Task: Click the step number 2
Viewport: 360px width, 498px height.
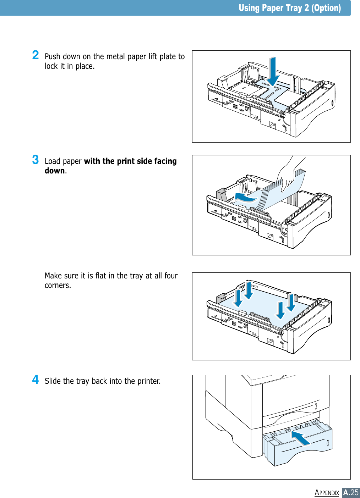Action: [36, 55]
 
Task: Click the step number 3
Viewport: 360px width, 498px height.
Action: [36, 160]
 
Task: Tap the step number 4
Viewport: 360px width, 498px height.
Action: [36, 380]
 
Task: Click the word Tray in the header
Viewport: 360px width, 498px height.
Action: [291, 8]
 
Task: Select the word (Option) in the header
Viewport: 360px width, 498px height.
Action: [326, 8]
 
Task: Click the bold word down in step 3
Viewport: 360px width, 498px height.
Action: [55, 171]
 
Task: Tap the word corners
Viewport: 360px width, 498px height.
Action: [58, 286]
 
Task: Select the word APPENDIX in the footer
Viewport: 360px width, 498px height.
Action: [327, 493]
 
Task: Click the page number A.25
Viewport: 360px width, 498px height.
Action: [351, 493]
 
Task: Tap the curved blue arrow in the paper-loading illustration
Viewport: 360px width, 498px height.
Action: [245, 197]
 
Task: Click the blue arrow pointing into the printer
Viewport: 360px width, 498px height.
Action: [300, 438]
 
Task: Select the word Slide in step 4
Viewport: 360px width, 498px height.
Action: [53, 381]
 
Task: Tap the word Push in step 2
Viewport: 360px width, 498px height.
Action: [52, 56]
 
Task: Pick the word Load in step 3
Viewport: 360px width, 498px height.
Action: [52, 161]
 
